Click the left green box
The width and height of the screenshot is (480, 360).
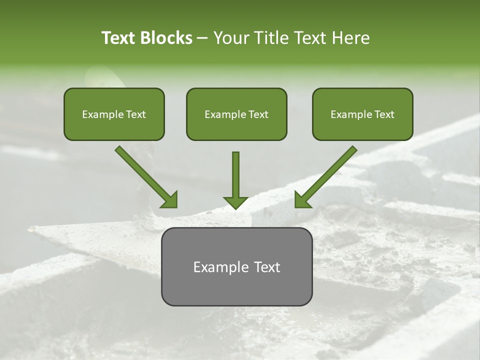[114, 114]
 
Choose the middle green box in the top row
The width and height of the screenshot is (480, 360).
[236, 114]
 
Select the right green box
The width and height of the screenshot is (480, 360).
[362, 114]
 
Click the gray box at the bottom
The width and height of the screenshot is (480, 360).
[236, 266]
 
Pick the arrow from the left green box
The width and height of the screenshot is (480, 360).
[145, 175]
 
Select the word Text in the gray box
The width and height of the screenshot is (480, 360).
[266, 267]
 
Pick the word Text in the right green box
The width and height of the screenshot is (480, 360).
[384, 114]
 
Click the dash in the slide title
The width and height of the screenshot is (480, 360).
[202, 38]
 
